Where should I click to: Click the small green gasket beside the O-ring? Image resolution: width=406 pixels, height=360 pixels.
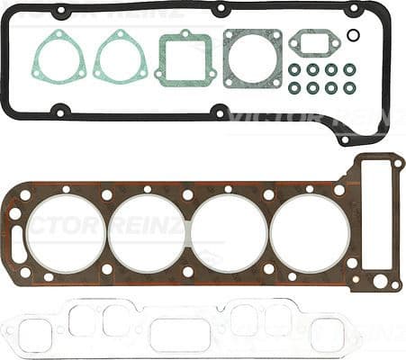[313, 42]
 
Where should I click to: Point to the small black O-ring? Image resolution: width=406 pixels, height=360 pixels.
[354, 36]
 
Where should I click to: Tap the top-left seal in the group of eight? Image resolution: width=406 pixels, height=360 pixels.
[294, 69]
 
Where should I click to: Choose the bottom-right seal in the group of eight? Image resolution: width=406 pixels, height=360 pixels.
[349, 88]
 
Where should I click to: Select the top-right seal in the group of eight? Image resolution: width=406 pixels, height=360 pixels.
[349, 69]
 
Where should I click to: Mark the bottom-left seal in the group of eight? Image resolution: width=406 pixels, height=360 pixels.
[294, 88]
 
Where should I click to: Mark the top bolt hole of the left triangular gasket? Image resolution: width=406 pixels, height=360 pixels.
[59, 36]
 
